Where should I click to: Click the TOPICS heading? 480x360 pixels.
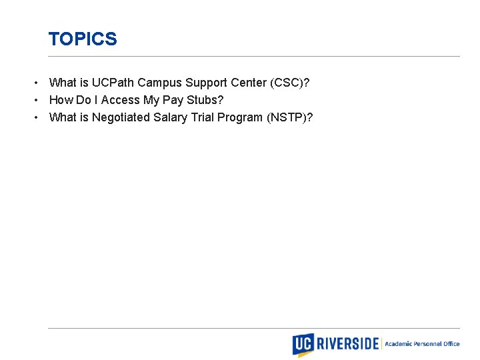[83, 39]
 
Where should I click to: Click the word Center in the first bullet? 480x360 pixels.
[247, 83]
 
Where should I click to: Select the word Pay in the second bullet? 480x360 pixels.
[172, 100]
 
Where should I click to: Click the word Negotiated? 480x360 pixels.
[121, 117]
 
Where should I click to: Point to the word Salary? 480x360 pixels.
[171, 117]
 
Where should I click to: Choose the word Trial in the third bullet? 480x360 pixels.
[203, 117]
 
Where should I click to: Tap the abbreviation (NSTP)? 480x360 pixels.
[289, 117]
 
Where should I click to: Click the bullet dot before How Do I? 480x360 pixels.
[37, 101]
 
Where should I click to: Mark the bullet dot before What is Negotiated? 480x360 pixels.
[37, 118]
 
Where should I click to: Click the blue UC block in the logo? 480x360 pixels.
[303, 344]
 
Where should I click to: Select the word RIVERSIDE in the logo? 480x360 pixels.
[347, 344]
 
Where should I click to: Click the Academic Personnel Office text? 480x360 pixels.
[422, 344]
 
